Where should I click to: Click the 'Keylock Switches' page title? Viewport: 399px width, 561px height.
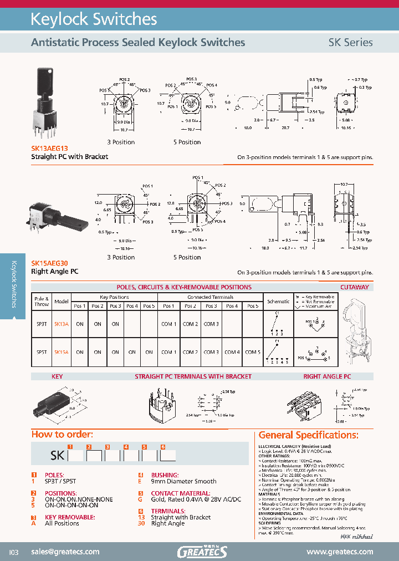pyautogui.click(x=94, y=20)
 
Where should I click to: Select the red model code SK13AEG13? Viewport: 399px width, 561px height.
pyautogui.click(x=50, y=149)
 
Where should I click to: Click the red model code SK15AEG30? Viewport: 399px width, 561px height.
pyautogui.click(x=50, y=264)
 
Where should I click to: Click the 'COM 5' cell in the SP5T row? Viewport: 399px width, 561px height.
pyautogui.click(x=252, y=352)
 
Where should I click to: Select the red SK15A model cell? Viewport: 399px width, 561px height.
pyautogui.click(x=62, y=352)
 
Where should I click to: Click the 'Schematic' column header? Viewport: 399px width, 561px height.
pyautogui.click(x=278, y=302)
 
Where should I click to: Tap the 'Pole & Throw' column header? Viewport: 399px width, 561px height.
pyautogui.click(x=42, y=302)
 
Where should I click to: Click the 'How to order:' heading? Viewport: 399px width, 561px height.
pyautogui.click(x=62, y=434)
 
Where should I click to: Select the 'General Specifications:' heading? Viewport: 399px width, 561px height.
pyautogui.click(x=309, y=435)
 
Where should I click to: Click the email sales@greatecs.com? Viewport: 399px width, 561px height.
pyautogui.click(x=65, y=552)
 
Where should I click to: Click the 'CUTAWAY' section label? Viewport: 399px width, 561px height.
pyautogui.click(x=355, y=287)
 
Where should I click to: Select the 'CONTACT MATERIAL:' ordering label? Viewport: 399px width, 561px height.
pyautogui.click(x=172, y=493)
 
